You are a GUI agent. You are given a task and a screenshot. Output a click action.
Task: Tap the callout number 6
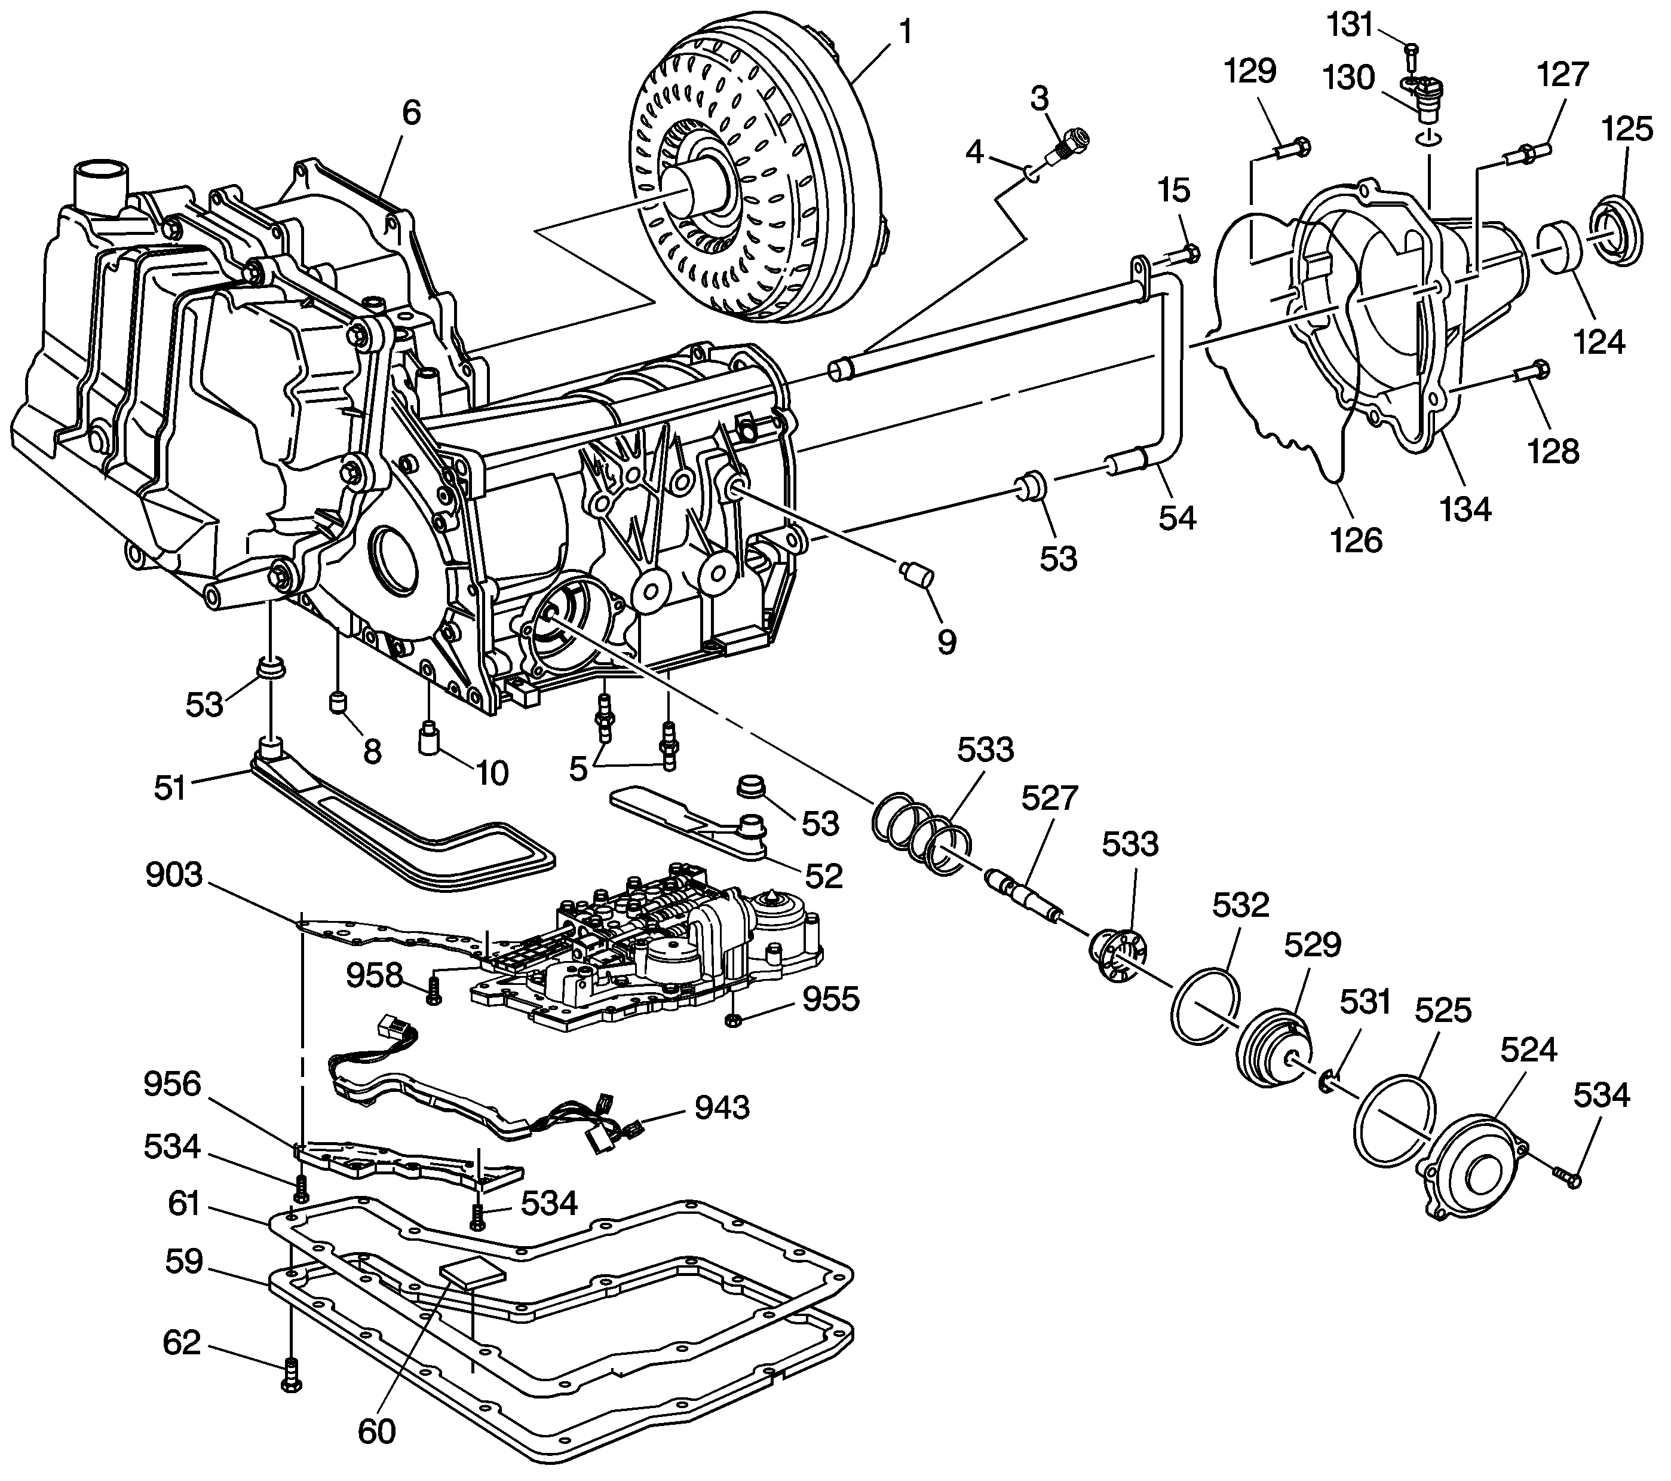pyautogui.click(x=410, y=113)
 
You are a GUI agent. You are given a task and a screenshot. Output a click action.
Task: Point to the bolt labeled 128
pyautogui.click(x=1531, y=373)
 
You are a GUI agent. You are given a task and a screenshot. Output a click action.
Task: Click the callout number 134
pyautogui.click(x=1466, y=509)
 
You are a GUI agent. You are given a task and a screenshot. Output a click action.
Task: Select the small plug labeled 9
pyautogui.click(x=916, y=573)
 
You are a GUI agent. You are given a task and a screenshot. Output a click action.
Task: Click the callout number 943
pyautogui.click(x=722, y=1107)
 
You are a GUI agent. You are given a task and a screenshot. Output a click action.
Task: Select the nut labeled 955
pyautogui.click(x=732, y=1020)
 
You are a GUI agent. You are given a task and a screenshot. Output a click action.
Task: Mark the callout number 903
pyautogui.click(x=173, y=874)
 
